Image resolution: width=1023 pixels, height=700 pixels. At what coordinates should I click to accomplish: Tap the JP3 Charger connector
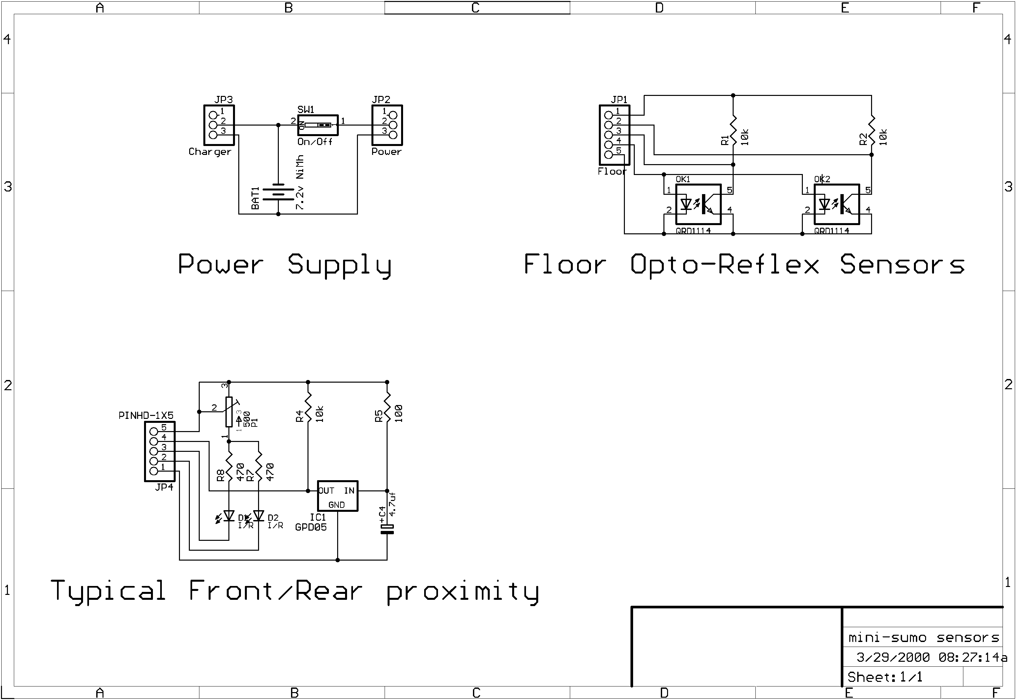coord(219,126)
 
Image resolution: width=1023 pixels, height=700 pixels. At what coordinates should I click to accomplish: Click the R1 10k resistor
coord(734,131)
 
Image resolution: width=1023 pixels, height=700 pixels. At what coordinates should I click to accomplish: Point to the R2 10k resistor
coord(872,131)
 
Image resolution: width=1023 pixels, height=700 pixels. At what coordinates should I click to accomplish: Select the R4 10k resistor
coord(308,409)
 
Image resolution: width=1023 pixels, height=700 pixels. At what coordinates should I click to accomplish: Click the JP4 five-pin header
coord(160,452)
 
